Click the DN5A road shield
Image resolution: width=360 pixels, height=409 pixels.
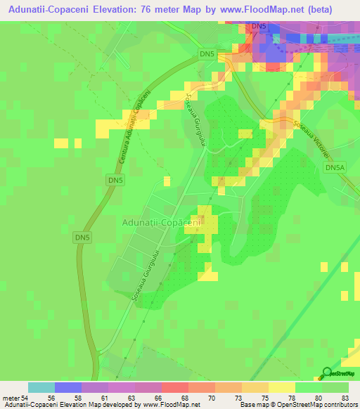click(x=335, y=167)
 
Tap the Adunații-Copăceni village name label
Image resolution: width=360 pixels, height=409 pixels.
click(x=163, y=222)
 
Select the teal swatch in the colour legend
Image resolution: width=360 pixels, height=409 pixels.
click(x=41, y=387)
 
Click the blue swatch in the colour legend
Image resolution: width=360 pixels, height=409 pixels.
click(x=67, y=387)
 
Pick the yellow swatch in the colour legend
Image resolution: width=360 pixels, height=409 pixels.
click(x=281, y=387)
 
